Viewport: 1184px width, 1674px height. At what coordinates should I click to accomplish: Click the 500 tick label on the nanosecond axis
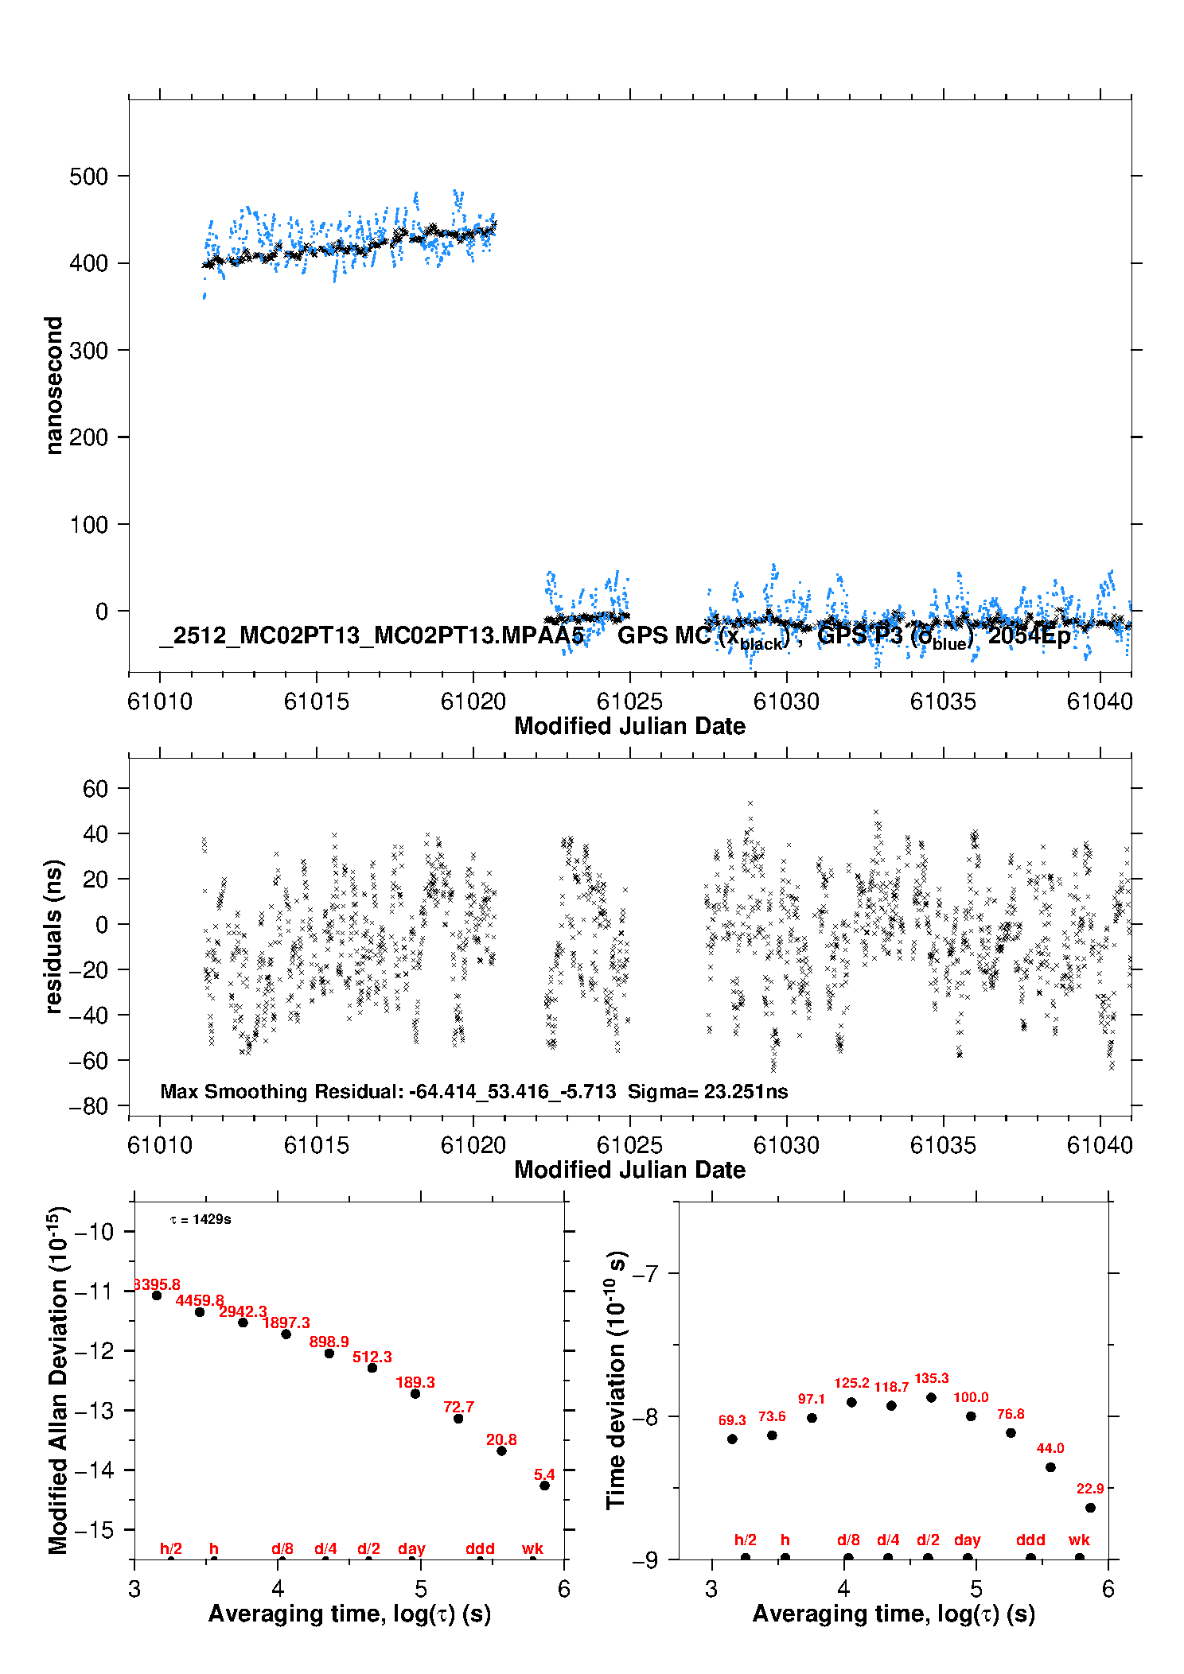point(88,177)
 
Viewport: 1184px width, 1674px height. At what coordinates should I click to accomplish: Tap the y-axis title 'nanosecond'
point(53,386)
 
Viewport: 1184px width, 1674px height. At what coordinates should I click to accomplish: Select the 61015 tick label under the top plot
point(316,701)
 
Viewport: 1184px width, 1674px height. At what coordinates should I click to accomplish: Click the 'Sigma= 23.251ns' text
point(707,1092)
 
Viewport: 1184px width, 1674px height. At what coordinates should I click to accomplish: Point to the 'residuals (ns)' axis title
point(53,937)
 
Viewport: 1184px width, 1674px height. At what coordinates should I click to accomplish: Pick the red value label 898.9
point(329,1342)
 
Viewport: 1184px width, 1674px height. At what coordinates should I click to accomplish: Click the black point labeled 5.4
point(544,1486)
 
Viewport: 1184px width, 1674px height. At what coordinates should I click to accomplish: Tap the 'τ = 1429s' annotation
point(201,1220)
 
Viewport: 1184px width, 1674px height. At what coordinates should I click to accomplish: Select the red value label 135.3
point(931,1378)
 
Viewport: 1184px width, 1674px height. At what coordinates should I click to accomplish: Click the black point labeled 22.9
point(1090,1508)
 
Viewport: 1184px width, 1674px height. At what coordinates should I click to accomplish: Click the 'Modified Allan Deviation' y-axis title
point(57,1380)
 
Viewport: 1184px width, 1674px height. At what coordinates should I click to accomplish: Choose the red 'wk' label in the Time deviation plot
point(1079,1540)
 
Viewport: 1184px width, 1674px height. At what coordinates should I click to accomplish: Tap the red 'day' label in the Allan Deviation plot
point(411,1548)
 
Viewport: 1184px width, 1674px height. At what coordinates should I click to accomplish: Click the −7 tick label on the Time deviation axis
point(645,1274)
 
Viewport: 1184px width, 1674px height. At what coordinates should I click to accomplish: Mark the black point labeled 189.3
point(415,1394)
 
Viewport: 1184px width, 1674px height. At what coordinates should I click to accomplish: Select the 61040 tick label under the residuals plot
point(1099,1145)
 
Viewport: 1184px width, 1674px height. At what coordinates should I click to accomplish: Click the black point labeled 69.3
point(732,1439)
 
